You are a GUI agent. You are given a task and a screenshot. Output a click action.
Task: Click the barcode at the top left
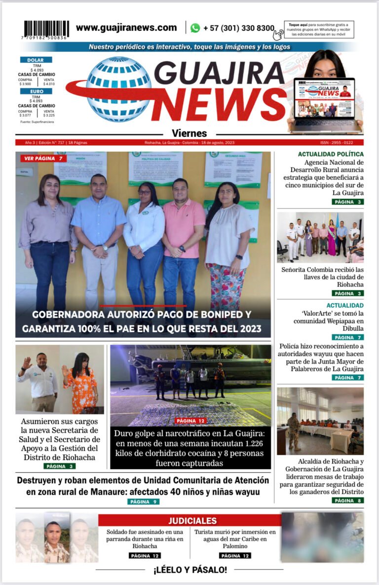46,29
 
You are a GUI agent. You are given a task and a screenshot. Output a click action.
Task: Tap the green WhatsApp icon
195,28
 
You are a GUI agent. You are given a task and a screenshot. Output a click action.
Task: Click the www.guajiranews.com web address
126,28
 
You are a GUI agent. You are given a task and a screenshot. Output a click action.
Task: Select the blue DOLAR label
36,60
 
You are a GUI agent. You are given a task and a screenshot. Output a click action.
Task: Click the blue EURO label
36,91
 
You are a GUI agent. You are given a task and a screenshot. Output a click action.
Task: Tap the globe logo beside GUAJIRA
118,89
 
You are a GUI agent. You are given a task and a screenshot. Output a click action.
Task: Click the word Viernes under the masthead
189,133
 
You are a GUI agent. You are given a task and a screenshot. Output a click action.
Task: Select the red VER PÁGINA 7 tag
43,159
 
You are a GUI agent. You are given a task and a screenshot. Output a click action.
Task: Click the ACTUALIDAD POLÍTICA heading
331,154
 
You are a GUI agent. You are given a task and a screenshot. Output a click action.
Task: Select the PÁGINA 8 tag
347,501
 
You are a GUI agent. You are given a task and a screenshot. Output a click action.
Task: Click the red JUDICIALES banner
192,521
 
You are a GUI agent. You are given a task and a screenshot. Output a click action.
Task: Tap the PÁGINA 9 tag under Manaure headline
143,501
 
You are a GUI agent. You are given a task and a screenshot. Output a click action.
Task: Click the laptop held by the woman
325,104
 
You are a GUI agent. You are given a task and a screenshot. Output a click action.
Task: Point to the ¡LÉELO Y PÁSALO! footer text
190,570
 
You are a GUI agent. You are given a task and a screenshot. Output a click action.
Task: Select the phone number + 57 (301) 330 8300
238,28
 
